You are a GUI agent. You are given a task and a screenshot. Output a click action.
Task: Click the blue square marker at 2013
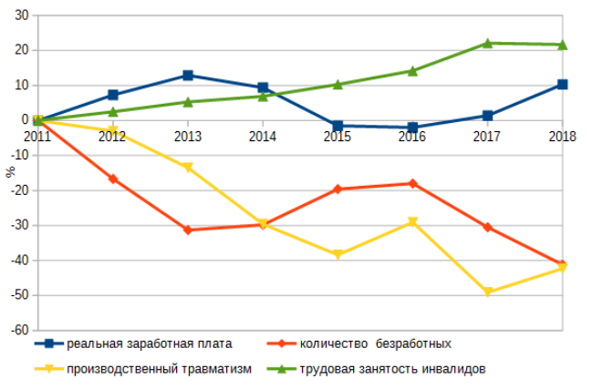188,76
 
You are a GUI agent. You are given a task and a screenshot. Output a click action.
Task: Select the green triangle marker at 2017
488,43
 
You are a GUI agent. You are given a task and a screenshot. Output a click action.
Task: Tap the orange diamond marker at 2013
188,230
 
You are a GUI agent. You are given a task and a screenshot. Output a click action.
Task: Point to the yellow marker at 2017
488,292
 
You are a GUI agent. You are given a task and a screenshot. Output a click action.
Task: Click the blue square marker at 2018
562,85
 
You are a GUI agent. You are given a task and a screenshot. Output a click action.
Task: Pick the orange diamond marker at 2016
412,183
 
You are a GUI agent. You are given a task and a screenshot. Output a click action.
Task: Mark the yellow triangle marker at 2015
338,255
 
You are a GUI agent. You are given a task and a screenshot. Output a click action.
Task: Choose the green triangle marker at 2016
412,70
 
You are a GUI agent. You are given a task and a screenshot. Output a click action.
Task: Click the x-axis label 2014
263,137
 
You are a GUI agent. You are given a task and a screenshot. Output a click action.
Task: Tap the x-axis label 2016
412,137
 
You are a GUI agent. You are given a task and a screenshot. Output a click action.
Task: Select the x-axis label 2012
112,137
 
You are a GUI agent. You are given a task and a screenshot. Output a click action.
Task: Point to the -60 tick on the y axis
17,330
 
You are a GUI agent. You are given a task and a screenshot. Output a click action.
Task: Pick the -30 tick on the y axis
17,225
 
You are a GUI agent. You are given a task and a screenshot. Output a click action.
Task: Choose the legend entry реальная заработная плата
149,343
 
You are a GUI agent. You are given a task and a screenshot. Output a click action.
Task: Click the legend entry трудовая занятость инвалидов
393,368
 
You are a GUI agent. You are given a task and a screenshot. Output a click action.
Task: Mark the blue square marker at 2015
338,126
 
